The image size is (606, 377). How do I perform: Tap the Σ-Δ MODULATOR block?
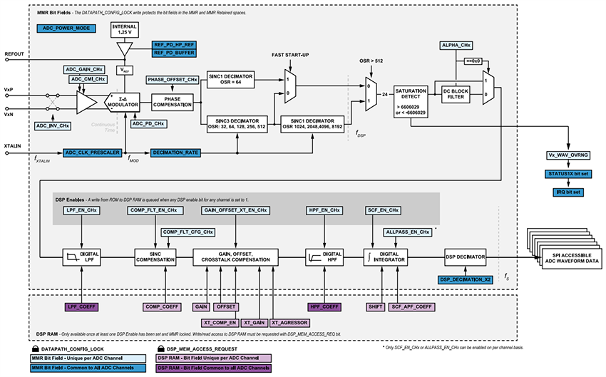[123, 102]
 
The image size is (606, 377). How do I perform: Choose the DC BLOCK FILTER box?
[455, 95]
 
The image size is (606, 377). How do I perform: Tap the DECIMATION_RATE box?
[175, 153]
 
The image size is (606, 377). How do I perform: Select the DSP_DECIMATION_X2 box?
[466, 279]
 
